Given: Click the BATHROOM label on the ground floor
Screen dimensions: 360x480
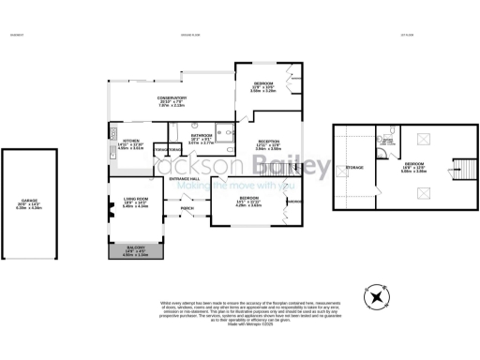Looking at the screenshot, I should coord(202,140).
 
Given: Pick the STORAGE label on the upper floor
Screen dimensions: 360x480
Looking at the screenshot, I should coord(354,169).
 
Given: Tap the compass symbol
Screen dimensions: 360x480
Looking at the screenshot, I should coord(377,298).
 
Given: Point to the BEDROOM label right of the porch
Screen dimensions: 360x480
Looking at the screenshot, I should coord(248,201).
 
